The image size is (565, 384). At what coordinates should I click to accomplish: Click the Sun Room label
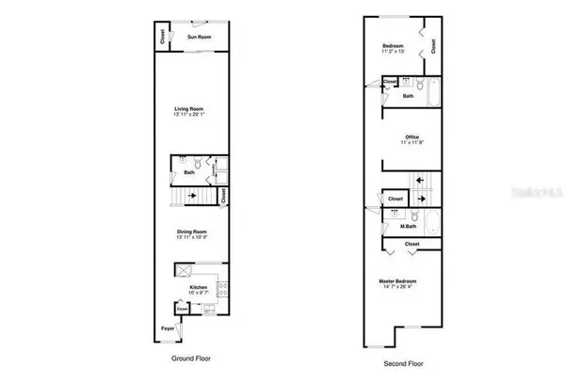click(198, 37)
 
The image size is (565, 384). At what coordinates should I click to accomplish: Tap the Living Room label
click(189, 109)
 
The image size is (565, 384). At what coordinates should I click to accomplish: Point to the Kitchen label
click(198, 286)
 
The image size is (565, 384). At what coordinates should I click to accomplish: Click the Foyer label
click(167, 328)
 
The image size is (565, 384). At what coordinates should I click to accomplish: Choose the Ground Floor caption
click(190, 360)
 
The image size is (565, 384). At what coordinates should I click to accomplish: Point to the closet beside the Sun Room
click(162, 38)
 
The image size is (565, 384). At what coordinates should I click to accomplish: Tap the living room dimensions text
click(189, 116)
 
